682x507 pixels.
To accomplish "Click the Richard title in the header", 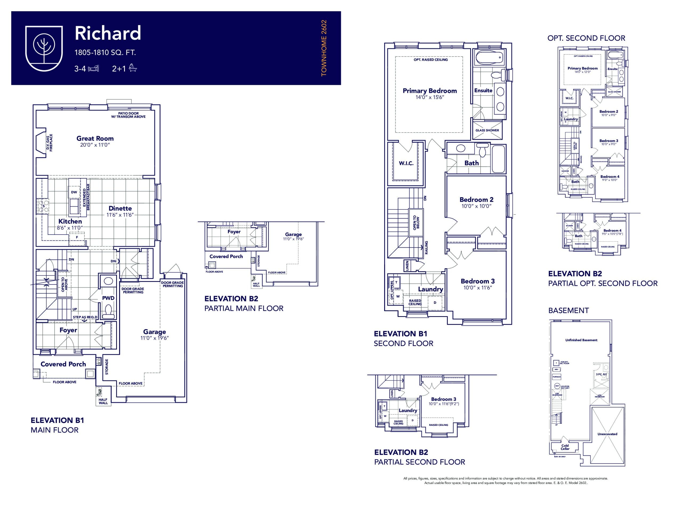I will pyautogui.click(x=108, y=33).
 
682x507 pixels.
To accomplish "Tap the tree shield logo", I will pyautogui.click(x=44, y=48).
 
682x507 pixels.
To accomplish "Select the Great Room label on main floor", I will pyautogui.click(x=95, y=138).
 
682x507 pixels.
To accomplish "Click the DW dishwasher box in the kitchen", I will pyautogui.click(x=74, y=192).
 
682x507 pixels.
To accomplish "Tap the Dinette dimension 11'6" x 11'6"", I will pyautogui.click(x=120, y=215).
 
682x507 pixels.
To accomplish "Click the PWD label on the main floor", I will pyautogui.click(x=108, y=298).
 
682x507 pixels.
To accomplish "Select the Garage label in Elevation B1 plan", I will pyautogui.click(x=154, y=332).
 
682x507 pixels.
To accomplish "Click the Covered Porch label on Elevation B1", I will pyautogui.click(x=63, y=364).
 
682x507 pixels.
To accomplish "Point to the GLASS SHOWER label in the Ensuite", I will pyautogui.click(x=487, y=130).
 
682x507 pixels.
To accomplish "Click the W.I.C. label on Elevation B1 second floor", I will pyautogui.click(x=406, y=163).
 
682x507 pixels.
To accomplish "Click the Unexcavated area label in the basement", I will pyautogui.click(x=607, y=434).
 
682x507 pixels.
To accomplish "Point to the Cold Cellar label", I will pyautogui.click(x=565, y=447).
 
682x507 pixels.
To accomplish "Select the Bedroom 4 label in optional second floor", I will pyautogui.click(x=610, y=176).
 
